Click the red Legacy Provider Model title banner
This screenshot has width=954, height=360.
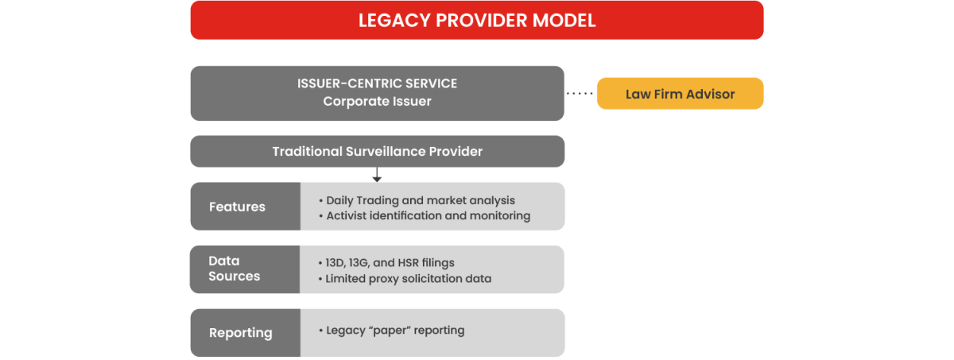pos(477,20)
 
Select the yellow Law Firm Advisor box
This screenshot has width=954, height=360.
pos(680,94)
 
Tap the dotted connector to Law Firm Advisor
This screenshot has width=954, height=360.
pos(580,94)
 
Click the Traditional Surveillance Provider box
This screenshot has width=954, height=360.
pos(378,151)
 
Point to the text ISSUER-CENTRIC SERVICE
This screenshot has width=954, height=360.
pos(377,83)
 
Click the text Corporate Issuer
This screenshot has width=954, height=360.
pos(377,102)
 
